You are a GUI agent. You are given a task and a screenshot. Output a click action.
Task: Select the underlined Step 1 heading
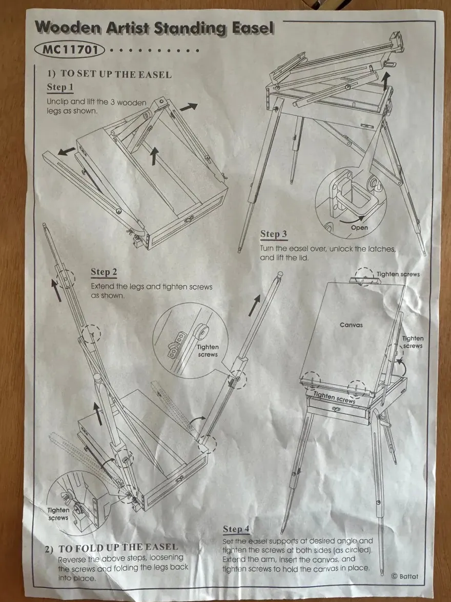[60, 87]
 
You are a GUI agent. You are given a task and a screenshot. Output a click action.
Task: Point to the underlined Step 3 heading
[274, 234]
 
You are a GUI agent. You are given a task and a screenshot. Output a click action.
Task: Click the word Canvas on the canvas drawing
[352, 325]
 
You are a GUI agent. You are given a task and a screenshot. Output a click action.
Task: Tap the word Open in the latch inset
[359, 227]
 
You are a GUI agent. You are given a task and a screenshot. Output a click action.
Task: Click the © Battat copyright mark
[404, 576]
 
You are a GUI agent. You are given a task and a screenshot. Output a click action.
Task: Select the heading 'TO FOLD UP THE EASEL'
[118, 547]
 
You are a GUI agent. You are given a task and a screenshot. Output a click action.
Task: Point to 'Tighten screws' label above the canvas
[398, 274]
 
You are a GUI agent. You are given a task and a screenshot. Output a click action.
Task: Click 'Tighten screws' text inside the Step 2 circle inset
[208, 351]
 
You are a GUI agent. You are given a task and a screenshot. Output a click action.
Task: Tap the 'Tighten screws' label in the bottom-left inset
[58, 514]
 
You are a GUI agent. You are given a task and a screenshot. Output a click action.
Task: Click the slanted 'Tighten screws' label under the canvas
[334, 397]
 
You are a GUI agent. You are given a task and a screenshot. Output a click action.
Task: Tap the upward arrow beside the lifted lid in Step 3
[385, 81]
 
